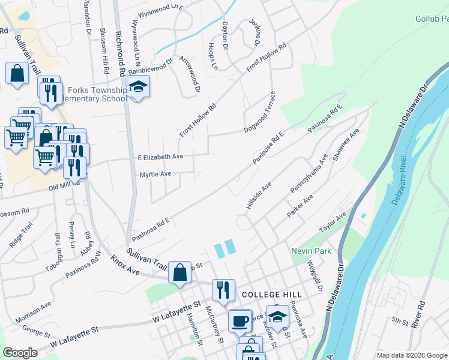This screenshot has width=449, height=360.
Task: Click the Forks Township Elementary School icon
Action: click(x=138, y=88)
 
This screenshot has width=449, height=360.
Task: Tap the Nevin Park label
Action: click(x=308, y=250)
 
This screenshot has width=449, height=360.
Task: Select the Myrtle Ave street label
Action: click(x=155, y=174)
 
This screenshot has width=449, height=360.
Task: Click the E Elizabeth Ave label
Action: click(x=160, y=157)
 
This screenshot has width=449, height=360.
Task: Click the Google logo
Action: click(x=20, y=352)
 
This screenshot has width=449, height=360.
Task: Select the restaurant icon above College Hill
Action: click(x=223, y=290)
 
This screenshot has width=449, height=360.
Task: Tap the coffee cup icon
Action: click(x=240, y=320)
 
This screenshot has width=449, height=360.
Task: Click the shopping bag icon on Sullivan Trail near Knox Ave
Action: click(x=179, y=272)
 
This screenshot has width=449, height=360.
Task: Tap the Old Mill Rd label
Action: click(x=64, y=187)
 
